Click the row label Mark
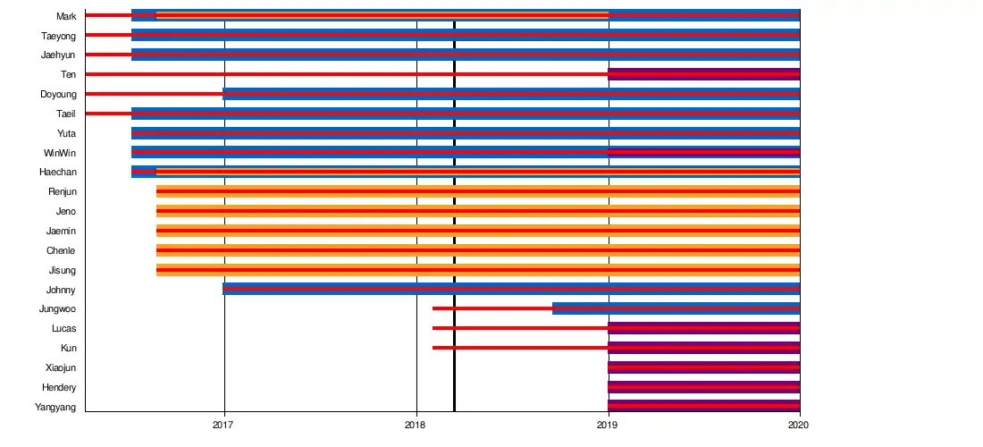(x=65, y=16)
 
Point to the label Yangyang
(x=55, y=407)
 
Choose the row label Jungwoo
(x=57, y=309)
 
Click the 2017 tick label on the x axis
(x=224, y=426)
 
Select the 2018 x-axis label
(x=416, y=426)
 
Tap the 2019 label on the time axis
(x=609, y=426)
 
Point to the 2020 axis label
(x=800, y=426)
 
